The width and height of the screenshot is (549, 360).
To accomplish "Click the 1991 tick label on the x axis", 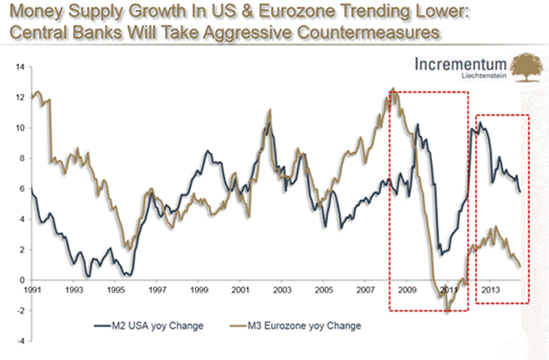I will (x=32, y=290).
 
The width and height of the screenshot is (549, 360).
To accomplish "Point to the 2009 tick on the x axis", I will (x=407, y=290).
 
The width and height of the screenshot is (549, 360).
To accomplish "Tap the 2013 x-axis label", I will (x=490, y=290).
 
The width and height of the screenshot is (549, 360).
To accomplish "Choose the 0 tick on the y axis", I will (x=19, y=280).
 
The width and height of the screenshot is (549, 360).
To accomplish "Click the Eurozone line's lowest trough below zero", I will (x=447, y=311).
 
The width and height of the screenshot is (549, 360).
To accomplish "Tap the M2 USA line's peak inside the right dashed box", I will (x=480, y=124).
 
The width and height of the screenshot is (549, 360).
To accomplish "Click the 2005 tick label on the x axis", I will (x=324, y=290).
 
